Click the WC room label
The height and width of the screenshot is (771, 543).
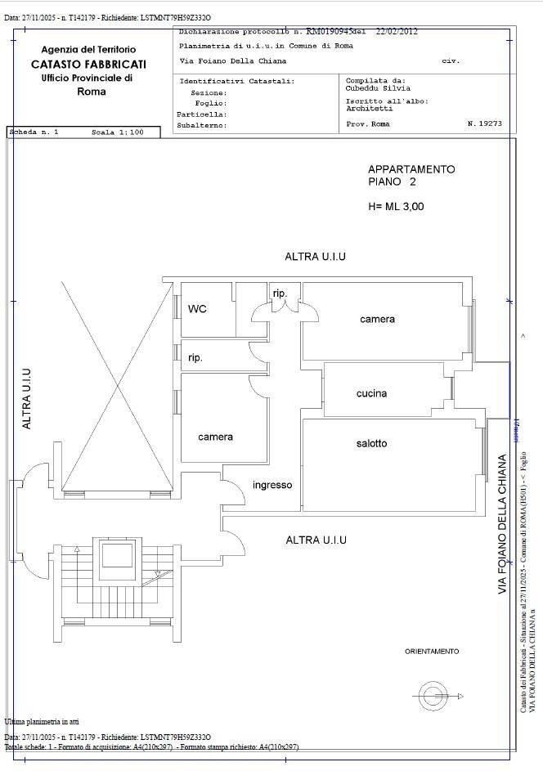(197, 309)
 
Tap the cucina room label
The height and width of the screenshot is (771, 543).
(371, 393)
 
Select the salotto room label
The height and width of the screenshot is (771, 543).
(371, 443)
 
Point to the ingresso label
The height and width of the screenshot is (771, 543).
(272, 485)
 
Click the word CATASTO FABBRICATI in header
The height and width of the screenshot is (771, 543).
(88, 64)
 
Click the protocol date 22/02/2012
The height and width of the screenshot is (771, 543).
(397, 32)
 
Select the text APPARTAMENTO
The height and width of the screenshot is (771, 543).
(411, 169)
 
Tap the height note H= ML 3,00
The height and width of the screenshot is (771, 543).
(396, 207)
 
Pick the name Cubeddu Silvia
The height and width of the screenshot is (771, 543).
(378, 88)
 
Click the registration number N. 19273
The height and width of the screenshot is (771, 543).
(484, 123)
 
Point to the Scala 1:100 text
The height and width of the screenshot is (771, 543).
(117, 132)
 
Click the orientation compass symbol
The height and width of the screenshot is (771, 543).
(431, 696)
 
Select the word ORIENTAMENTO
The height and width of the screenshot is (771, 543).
(432, 652)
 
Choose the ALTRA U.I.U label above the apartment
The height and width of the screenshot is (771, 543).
(315, 257)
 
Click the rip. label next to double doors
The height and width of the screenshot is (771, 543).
(280, 293)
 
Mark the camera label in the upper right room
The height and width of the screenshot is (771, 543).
(377, 319)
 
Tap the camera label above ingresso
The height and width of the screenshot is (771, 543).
(215, 437)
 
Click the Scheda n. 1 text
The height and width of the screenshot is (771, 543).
(34, 132)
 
